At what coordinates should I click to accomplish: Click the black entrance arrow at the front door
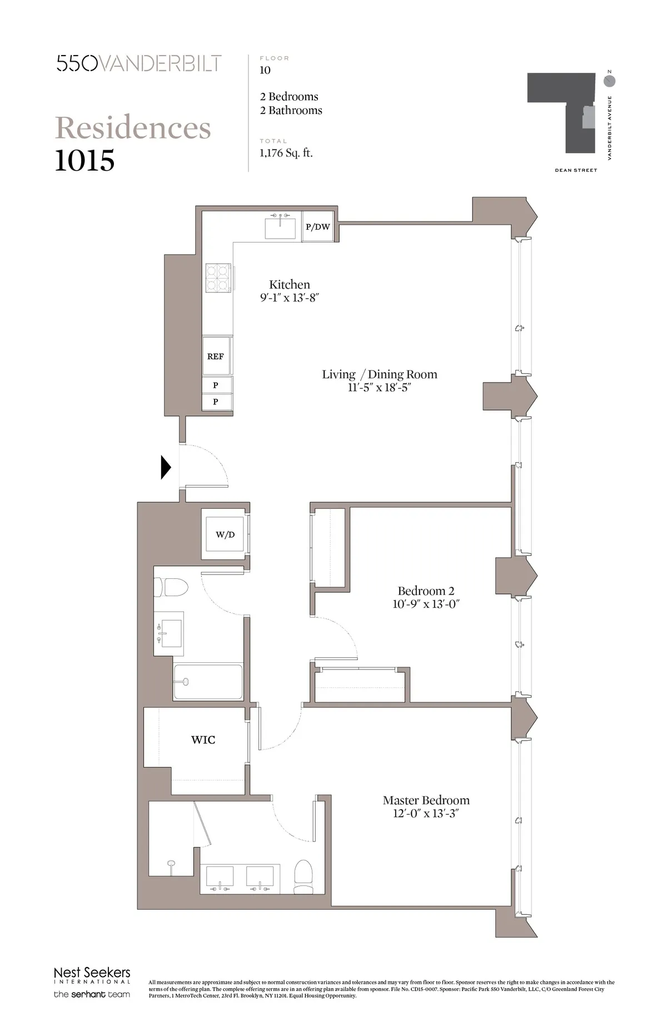[x=166, y=467]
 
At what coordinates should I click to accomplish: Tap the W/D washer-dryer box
[x=225, y=534]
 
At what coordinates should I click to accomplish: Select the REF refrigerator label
[x=216, y=356]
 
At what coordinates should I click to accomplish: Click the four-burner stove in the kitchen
[x=218, y=277]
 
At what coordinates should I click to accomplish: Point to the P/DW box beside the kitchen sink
[x=318, y=227]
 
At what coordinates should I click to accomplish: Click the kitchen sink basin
[x=281, y=227]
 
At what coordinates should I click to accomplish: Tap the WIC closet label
[x=203, y=740]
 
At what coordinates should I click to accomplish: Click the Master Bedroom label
[x=426, y=800]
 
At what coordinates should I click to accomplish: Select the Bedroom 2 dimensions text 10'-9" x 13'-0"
[x=426, y=604]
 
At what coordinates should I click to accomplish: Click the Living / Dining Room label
[x=380, y=374]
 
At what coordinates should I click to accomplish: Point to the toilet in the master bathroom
[x=303, y=877]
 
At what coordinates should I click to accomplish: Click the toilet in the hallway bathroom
[x=171, y=587]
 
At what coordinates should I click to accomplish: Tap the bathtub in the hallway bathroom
[x=208, y=682]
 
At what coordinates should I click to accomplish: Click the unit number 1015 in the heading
[x=85, y=161]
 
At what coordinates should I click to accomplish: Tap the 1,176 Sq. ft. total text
[x=286, y=153]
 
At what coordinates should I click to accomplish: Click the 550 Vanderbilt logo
[x=139, y=63]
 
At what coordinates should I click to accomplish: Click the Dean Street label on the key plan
[x=576, y=170]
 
